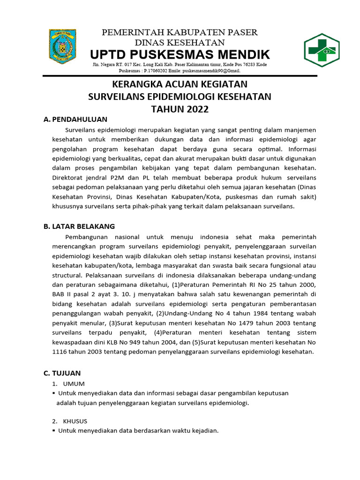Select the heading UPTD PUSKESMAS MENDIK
click(180, 54)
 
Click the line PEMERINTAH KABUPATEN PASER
click(180, 32)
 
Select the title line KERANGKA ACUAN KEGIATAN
click(180, 84)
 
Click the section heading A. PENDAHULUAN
click(75, 120)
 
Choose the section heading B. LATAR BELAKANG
click(79, 226)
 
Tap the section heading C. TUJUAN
click(62, 373)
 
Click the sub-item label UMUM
click(77, 384)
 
